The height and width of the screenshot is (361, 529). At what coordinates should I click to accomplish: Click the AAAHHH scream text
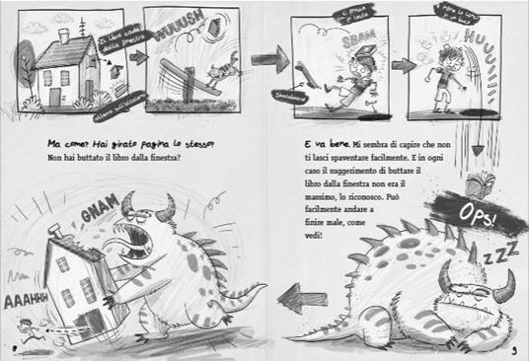pyautogui.click(x=22, y=298)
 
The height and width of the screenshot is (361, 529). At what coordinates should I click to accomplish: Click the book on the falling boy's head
pyautogui.click(x=356, y=51)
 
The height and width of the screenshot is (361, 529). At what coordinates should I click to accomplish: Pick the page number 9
pyautogui.click(x=517, y=347)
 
